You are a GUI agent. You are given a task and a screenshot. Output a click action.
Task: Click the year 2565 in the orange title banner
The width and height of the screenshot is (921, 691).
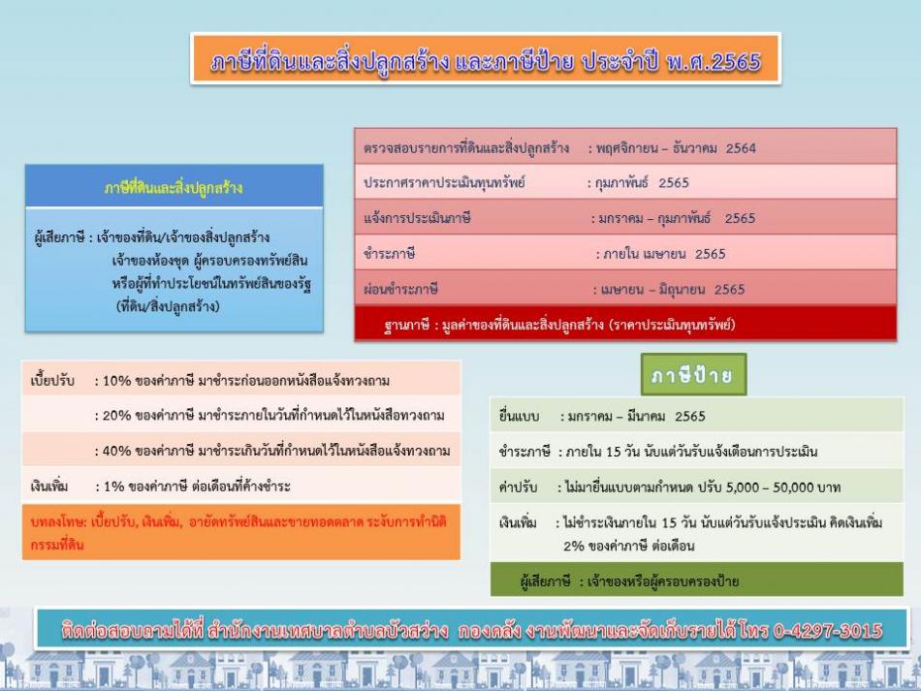click(737, 61)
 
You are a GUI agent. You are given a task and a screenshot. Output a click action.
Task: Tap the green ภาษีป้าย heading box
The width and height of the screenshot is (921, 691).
click(694, 374)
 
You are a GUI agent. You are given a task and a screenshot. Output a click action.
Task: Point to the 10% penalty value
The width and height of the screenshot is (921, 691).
click(117, 381)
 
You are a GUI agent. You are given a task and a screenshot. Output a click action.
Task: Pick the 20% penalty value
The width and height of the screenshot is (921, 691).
click(117, 416)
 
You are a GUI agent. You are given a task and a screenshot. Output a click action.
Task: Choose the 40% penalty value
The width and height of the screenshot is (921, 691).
click(117, 451)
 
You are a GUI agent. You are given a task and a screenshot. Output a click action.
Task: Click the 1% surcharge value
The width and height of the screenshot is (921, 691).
click(114, 487)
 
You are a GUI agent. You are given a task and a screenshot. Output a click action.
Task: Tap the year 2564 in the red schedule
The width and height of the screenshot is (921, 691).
click(741, 148)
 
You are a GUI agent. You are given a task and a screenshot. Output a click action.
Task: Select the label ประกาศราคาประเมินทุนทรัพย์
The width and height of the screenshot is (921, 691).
click(444, 182)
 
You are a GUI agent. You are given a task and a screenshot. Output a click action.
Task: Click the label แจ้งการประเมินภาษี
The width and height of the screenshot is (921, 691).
click(417, 218)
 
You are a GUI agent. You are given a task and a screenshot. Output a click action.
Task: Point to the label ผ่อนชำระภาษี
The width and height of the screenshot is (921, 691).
click(400, 290)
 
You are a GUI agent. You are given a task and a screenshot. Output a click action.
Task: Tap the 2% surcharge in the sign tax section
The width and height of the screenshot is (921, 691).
click(573, 546)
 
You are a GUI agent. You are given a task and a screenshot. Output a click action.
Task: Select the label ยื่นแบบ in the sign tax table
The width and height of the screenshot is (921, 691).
click(519, 416)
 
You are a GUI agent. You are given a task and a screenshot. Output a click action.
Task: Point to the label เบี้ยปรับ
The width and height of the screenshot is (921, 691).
click(52, 381)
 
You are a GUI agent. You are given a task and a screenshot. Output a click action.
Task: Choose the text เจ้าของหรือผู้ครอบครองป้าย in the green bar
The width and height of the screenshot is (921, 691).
click(663, 581)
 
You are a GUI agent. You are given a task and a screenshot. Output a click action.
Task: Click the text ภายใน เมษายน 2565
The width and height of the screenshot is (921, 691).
click(664, 254)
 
